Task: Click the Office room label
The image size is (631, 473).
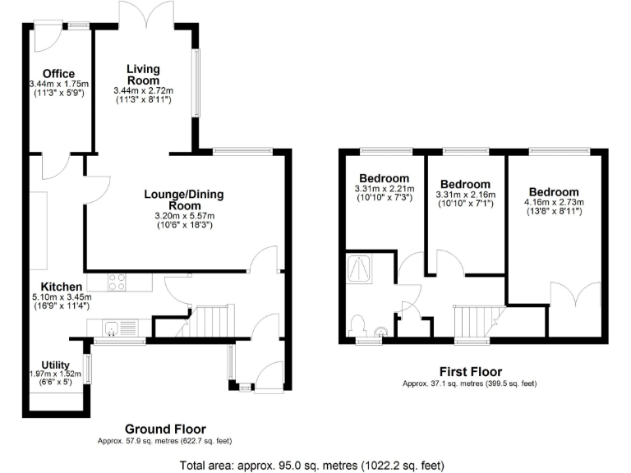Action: click(x=58, y=74)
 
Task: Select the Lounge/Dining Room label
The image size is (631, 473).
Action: click(x=183, y=200)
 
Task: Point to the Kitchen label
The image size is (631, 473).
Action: click(x=58, y=286)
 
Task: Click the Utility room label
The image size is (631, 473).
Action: click(x=56, y=365)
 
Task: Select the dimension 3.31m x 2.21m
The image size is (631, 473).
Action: click(x=385, y=189)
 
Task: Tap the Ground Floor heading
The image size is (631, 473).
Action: click(x=165, y=429)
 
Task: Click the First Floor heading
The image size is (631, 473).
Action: click(x=470, y=372)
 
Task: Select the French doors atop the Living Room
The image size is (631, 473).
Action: click(x=146, y=15)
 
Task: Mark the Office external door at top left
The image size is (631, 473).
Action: click(x=45, y=35)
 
